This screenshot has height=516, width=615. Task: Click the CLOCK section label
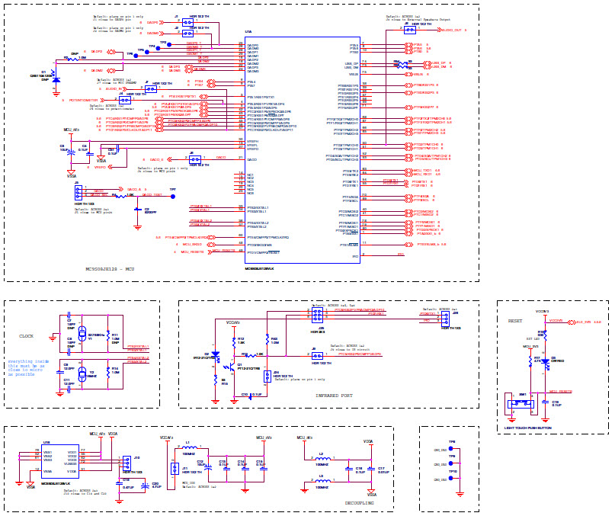(x=26, y=335)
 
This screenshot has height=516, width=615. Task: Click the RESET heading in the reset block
(x=515, y=321)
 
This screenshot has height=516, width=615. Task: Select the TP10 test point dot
(x=451, y=479)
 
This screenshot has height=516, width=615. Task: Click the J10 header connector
(x=127, y=463)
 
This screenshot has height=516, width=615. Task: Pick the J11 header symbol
(x=175, y=469)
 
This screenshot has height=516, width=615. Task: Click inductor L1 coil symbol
(x=192, y=447)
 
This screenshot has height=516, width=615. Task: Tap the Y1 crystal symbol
(x=82, y=335)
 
